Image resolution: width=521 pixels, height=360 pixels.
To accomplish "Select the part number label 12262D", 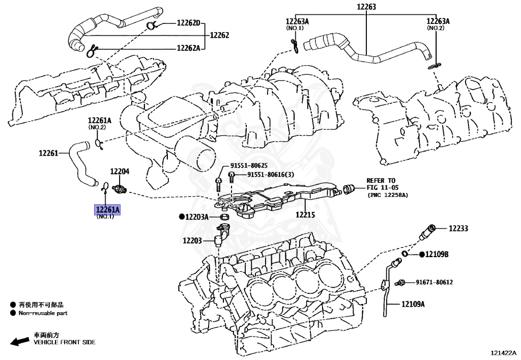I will [x=189, y=23].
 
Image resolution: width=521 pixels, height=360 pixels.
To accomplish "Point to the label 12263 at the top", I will [x=366, y=7].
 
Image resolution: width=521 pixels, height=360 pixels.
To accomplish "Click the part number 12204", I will [x=120, y=172].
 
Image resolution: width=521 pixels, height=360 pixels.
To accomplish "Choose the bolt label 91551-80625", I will [x=249, y=165].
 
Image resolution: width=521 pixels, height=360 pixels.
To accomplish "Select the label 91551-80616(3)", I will [x=271, y=175].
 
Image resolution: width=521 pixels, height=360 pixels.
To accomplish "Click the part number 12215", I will [x=305, y=215].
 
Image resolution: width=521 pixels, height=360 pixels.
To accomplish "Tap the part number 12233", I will [x=458, y=229].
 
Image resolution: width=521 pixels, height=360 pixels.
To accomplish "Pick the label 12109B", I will [x=438, y=254].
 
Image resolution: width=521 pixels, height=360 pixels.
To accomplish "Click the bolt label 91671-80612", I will [x=434, y=282].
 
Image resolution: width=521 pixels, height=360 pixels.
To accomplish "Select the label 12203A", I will [x=197, y=217].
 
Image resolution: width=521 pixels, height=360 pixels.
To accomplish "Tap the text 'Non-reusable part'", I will [x=43, y=313].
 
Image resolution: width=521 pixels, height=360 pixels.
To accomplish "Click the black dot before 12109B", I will [x=422, y=254].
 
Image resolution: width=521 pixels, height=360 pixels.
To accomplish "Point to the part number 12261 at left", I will [x=49, y=152].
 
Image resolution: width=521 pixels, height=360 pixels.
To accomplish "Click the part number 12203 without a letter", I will [x=193, y=240].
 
